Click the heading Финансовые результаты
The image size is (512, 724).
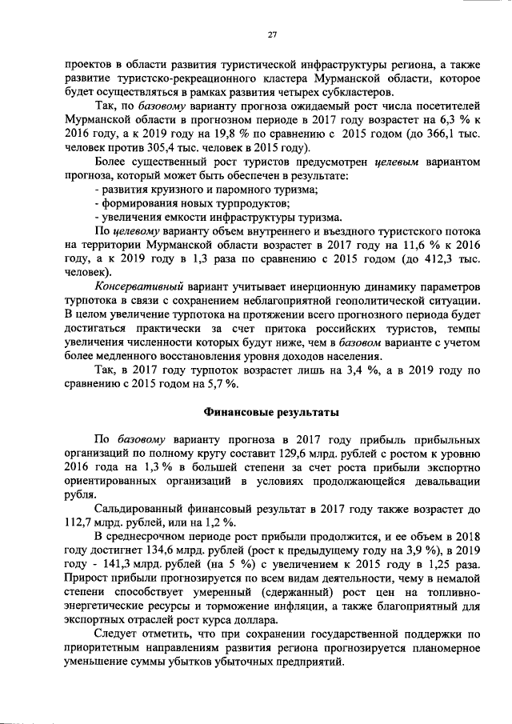[272, 413]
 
